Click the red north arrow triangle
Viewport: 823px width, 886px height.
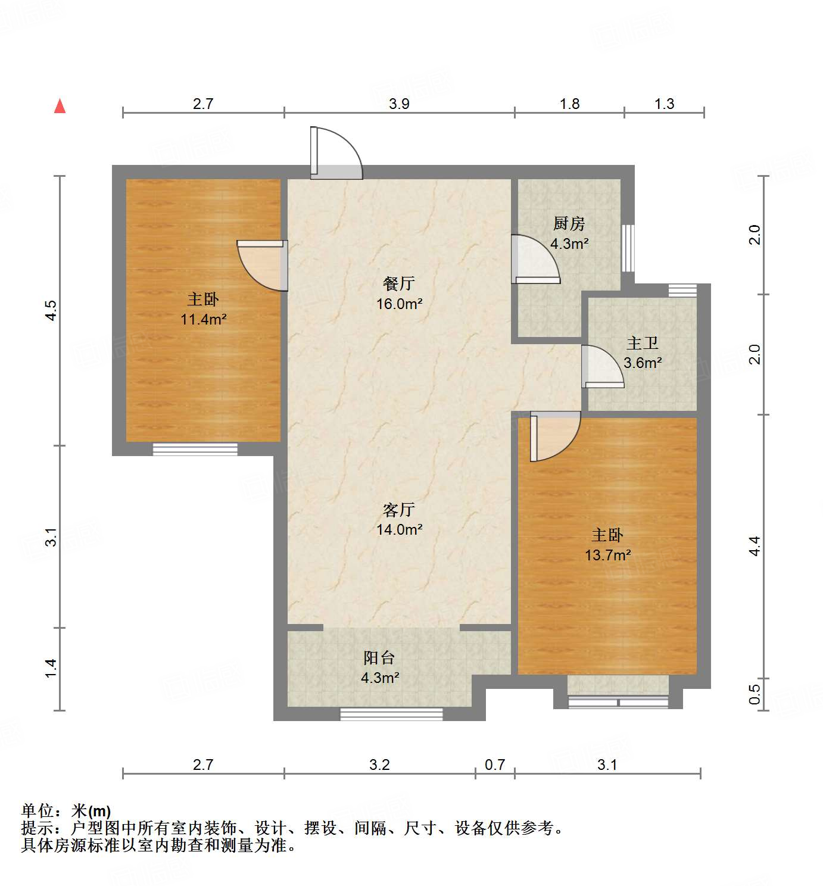(x=60, y=106)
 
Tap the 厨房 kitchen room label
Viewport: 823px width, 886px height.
(x=569, y=224)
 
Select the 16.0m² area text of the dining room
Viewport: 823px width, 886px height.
(x=399, y=304)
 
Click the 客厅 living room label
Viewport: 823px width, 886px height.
(x=399, y=510)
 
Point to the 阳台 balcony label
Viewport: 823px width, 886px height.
(x=379, y=657)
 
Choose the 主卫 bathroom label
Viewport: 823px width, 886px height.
(x=643, y=343)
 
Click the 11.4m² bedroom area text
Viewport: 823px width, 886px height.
(x=203, y=319)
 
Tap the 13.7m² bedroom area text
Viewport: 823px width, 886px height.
(x=607, y=555)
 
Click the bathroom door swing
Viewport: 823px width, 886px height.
(x=602, y=367)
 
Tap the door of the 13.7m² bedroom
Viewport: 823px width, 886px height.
(x=554, y=436)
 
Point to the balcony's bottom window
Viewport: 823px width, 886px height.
(x=391, y=713)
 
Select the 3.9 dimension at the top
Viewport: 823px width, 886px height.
(x=399, y=104)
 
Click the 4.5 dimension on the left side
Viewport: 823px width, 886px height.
(x=51, y=311)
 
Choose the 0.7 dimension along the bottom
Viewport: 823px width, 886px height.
(x=495, y=765)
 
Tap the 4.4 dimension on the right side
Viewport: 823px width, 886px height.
(x=755, y=546)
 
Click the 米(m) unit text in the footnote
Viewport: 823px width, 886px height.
(x=91, y=811)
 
